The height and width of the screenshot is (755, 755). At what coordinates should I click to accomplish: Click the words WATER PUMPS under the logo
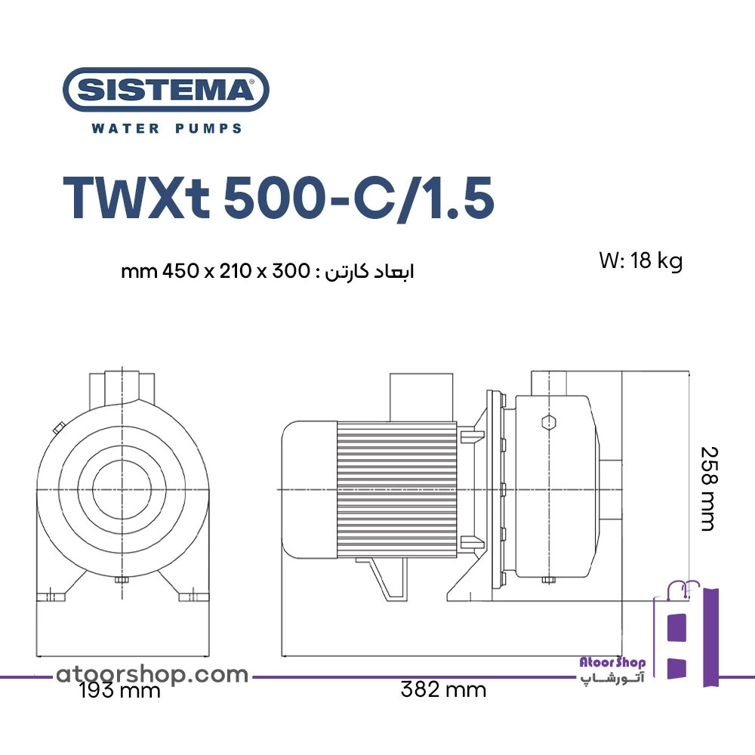[167, 128]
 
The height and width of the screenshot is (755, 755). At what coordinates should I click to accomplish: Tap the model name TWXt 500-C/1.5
[279, 198]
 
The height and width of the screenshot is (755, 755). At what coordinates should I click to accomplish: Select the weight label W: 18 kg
[641, 261]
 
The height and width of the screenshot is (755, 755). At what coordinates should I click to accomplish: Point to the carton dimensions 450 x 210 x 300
[236, 272]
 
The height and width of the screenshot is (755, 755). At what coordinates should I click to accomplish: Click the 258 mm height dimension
[708, 488]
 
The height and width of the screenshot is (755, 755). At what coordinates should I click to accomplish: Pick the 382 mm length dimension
[443, 690]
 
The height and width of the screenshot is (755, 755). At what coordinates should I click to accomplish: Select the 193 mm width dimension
[119, 691]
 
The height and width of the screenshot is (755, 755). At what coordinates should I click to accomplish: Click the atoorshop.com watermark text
[153, 674]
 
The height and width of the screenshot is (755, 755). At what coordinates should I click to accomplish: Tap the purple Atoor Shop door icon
[686, 633]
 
